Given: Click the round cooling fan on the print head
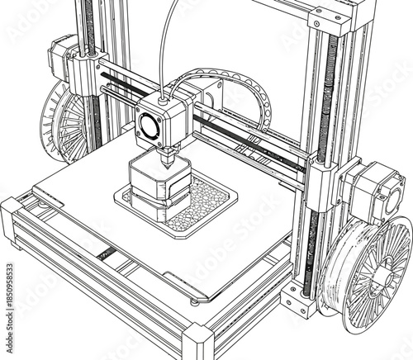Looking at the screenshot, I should point(151,126).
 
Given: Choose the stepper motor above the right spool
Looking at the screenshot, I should point(372,191).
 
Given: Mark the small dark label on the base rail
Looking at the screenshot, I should point(106,253).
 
